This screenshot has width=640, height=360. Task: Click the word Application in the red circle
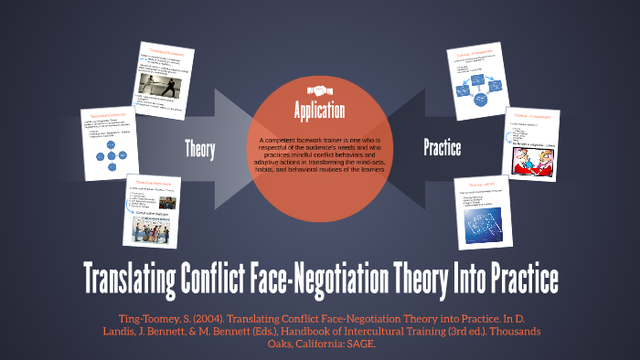319,111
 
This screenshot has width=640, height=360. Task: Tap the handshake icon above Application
319,91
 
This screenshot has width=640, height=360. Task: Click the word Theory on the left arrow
200,147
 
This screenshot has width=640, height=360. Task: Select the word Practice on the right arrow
442,147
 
